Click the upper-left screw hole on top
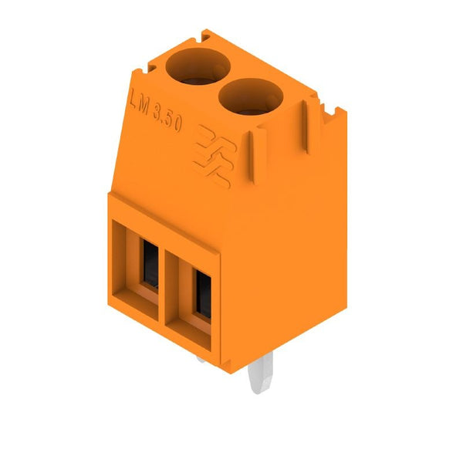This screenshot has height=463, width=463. (198, 66)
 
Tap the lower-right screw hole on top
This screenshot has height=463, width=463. (251, 96)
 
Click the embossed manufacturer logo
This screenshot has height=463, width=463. (215, 156)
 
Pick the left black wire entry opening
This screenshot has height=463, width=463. (150, 263)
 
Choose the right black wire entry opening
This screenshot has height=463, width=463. (204, 294)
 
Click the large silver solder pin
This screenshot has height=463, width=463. (261, 373)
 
